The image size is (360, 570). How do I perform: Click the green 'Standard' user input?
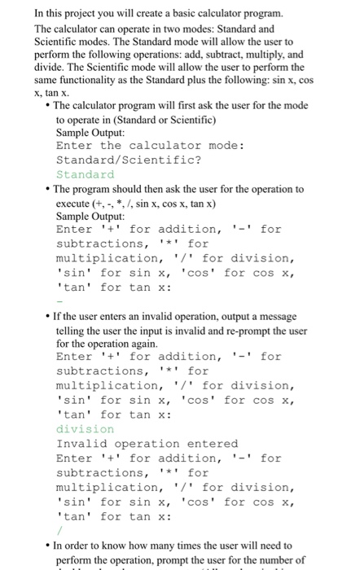pos(86,174)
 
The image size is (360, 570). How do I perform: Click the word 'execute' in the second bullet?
pos(75,202)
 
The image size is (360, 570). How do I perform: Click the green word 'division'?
pos(86,428)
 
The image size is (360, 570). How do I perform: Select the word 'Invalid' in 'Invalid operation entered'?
pos(81,443)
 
